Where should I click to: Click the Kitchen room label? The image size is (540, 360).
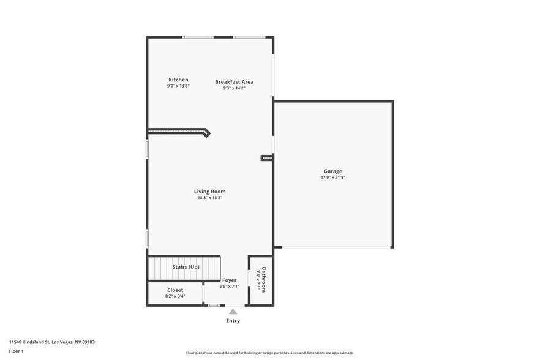click(178, 80)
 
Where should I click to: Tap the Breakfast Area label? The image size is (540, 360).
click(234, 82)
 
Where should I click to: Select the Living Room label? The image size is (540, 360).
click(210, 192)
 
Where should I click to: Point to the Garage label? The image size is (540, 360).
click(333, 171)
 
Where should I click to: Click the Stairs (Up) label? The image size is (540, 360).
click(186, 267)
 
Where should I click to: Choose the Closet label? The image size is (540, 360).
click(175, 290)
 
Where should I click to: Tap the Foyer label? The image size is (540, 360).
click(229, 280)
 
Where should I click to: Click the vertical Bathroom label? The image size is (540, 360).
click(264, 279)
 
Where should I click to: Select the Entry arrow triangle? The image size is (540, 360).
click(233, 312)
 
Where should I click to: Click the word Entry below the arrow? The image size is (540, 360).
click(233, 321)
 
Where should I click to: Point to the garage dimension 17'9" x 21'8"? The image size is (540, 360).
click(333, 178)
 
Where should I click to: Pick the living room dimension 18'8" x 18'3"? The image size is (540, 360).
click(210, 198)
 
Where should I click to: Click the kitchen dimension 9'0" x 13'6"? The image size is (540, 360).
click(178, 86)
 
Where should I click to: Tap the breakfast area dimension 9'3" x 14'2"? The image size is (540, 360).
click(234, 88)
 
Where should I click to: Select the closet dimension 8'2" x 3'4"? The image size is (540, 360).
click(175, 296)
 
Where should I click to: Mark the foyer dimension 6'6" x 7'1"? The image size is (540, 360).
click(229, 286)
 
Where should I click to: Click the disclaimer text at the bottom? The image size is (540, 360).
click(269, 353)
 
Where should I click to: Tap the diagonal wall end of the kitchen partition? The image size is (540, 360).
click(206, 132)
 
